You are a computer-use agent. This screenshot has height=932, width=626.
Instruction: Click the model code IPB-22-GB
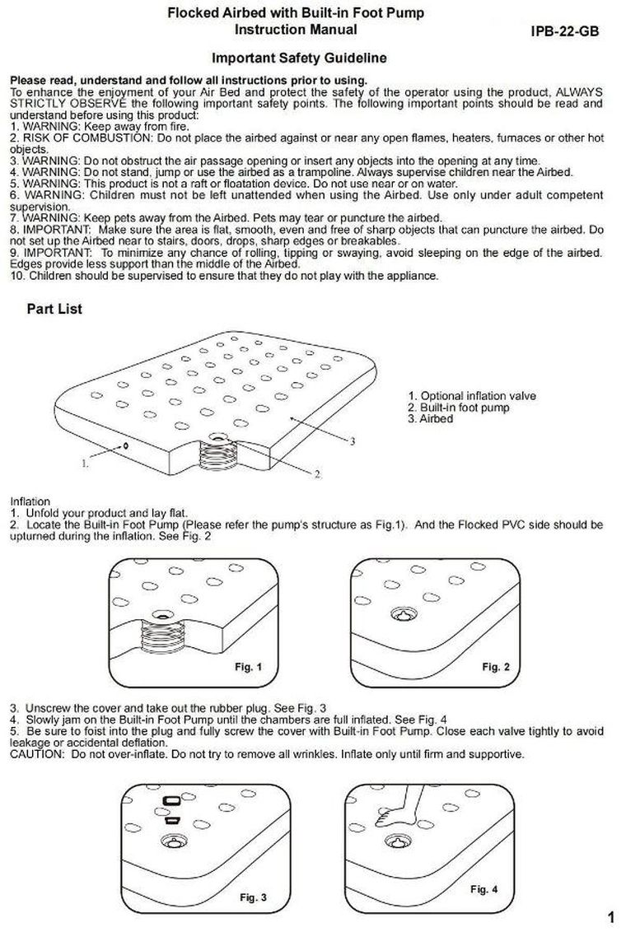[x=564, y=32]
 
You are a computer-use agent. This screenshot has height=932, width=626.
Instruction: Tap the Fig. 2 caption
[x=496, y=666]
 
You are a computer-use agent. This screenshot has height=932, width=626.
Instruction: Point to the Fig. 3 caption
[x=253, y=897]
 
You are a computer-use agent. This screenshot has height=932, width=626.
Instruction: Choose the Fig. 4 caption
[x=484, y=889]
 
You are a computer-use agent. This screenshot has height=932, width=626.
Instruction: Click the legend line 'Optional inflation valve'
[x=472, y=396]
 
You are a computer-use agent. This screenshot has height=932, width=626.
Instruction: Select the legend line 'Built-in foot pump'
[x=459, y=408]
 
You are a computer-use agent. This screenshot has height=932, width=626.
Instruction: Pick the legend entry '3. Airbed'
[x=431, y=419]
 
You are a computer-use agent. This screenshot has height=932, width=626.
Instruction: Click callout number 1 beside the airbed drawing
[x=85, y=464]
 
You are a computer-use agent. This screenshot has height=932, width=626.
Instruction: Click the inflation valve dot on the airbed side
[x=124, y=445]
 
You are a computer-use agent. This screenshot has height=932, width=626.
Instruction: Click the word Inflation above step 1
[x=30, y=501]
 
